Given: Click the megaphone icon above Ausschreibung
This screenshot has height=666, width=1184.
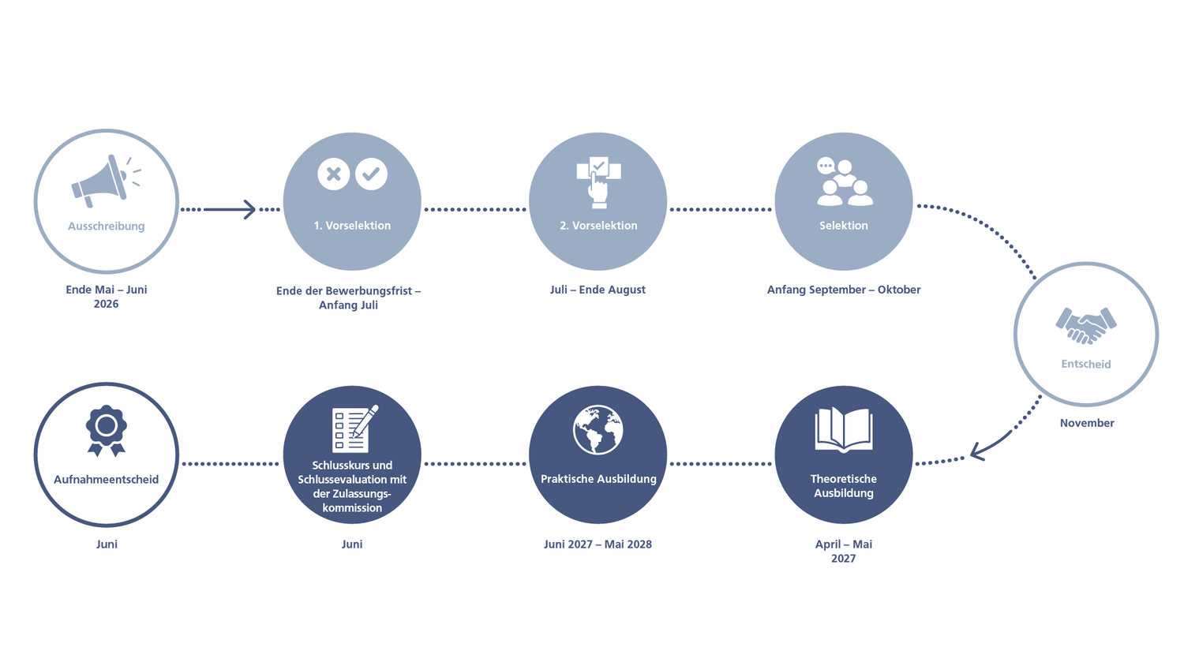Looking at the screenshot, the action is (x=106, y=181).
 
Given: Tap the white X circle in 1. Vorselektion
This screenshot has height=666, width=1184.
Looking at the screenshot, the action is (x=334, y=174).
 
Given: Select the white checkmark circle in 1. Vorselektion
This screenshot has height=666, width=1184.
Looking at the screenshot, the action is (x=371, y=174).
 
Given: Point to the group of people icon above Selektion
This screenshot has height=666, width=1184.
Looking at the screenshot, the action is (x=844, y=181).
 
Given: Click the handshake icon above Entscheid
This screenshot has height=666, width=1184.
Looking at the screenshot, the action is (x=1086, y=326).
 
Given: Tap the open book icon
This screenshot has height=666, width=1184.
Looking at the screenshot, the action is (x=844, y=429).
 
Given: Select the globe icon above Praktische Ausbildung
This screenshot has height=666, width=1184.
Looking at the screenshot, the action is (x=598, y=430).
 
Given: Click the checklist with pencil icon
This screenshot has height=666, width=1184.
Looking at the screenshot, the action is (x=354, y=428).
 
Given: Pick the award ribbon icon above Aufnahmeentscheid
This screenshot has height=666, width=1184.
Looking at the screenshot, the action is (x=107, y=431).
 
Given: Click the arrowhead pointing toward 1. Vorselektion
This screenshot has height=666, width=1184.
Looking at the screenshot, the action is (x=250, y=209).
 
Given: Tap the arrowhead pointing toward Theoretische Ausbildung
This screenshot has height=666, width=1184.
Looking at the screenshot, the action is (x=978, y=451).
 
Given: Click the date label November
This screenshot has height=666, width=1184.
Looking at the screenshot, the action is (x=1087, y=423).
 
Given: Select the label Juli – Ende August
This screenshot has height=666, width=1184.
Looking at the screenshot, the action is (x=598, y=290).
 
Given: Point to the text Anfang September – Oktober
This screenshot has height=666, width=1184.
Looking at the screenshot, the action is (x=844, y=290).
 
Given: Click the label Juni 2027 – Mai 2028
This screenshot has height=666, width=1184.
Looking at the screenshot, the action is (x=598, y=544).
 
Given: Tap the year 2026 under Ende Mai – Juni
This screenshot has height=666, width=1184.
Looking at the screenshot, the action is (x=106, y=304).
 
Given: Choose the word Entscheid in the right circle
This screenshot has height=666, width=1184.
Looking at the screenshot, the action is (x=1086, y=365).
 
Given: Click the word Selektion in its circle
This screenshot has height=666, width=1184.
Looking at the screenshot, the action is (x=844, y=226).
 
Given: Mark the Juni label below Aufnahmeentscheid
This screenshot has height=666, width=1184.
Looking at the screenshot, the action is (x=107, y=544).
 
